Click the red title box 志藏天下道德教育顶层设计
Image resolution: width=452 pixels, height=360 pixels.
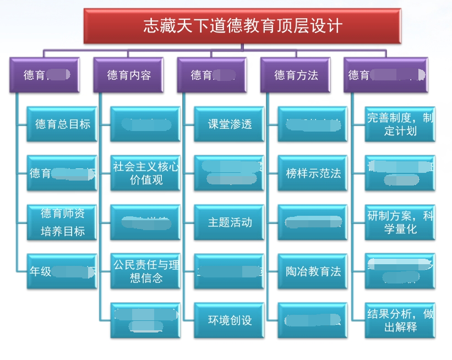tap(242, 25)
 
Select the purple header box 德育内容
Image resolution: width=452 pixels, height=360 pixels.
tap(128, 75)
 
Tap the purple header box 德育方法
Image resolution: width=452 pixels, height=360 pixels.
tap(296, 75)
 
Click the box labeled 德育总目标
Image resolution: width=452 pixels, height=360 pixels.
tap(62, 124)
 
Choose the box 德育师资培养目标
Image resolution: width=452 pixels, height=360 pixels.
tap(62, 222)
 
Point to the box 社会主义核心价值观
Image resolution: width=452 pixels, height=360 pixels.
tap(145, 173)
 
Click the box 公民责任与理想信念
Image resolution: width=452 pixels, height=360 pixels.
tap(145, 271)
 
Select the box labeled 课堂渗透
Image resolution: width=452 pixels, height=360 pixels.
tap(229, 124)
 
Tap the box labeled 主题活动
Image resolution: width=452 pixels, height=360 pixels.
tap(229, 222)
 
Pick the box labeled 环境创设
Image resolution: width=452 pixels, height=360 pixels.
tap(229, 320)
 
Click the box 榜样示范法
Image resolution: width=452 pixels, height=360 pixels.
tap(313, 173)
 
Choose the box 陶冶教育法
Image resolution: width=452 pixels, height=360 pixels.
tap(313, 271)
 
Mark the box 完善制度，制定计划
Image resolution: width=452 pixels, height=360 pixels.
tap(400, 124)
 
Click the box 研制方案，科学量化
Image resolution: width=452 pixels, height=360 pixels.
tap(400, 222)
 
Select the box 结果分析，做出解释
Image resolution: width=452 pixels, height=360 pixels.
tap(400, 320)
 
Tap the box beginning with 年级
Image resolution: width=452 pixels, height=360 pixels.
tap(62, 271)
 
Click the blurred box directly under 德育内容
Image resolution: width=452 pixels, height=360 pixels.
tap(145, 124)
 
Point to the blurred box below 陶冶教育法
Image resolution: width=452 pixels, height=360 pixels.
tap(313, 320)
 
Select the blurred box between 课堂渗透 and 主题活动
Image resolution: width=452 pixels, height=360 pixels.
tap(229, 173)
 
